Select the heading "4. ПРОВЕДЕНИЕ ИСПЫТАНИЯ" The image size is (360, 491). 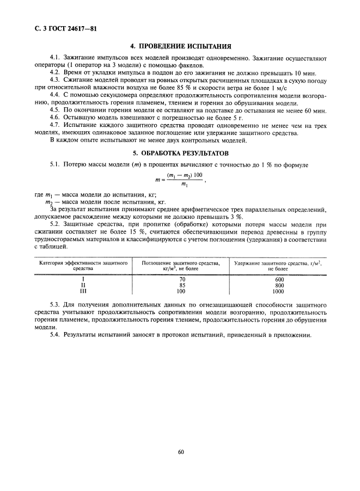(x=179, y=46)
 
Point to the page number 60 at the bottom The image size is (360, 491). (x=180, y=451)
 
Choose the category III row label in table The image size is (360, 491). (x=83, y=291)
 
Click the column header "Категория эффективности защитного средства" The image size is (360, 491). (x=83, y=266)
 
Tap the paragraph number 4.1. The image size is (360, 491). (x=54, y=58)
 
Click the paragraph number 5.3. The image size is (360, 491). (x=54, y=306)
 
